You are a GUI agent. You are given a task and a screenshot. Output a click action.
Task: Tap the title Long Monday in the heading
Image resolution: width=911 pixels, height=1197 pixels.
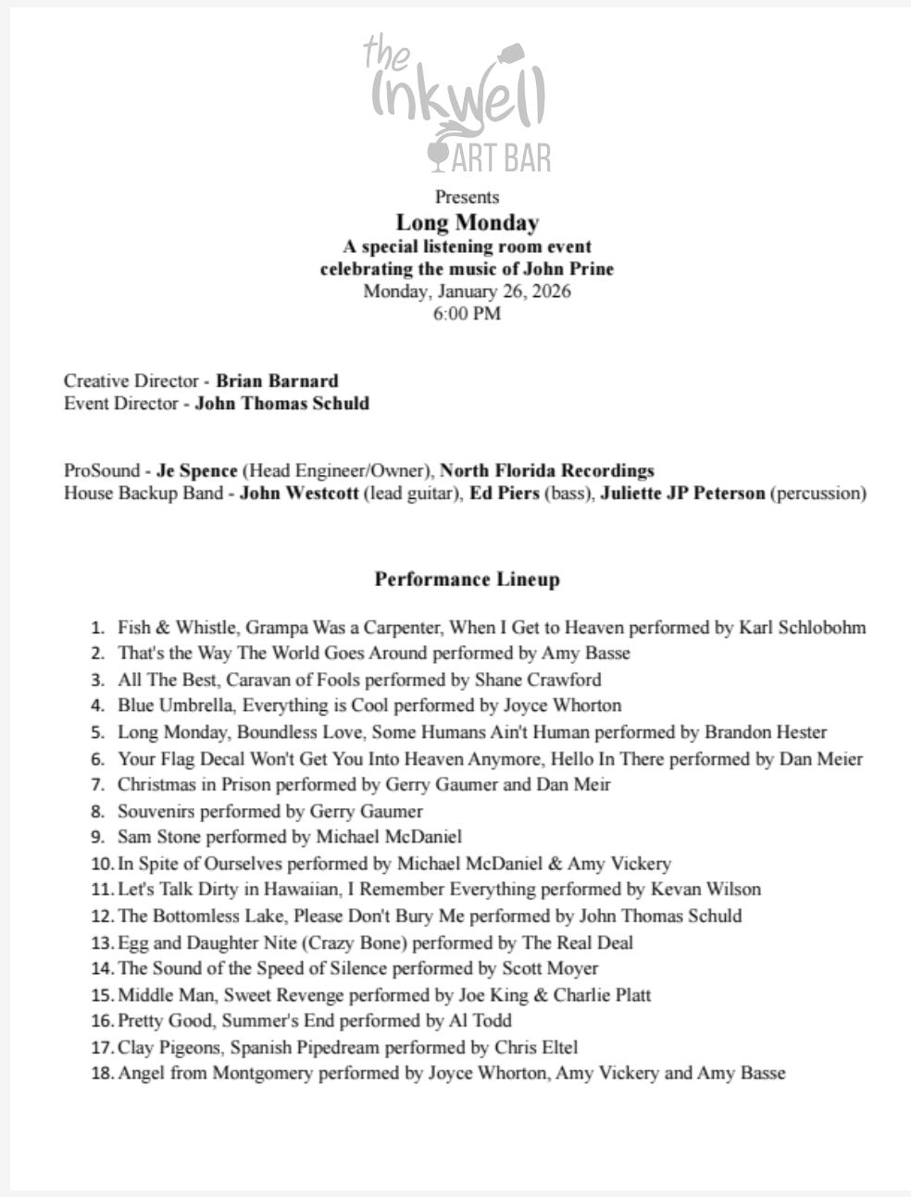coord(467,222)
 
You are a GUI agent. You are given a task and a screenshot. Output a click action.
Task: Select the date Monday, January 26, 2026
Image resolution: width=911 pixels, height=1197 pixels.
coord(467,291)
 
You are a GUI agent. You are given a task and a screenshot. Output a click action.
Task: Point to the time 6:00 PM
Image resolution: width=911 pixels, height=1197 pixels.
coord(467,313)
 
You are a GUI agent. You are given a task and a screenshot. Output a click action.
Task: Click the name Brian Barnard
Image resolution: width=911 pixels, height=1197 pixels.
coord(277,380)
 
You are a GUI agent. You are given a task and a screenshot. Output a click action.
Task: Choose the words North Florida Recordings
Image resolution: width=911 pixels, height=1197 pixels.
coord(547,470)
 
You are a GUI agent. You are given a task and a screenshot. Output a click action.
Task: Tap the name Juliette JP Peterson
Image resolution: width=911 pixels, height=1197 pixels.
coord(682,493)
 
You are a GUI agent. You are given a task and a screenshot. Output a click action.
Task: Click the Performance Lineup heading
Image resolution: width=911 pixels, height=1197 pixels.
coord(467,580)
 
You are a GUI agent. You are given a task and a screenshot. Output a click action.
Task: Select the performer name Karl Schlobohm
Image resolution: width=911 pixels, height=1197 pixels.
coord(803,628)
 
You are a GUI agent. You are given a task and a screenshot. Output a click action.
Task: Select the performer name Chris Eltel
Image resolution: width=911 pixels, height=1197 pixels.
coord(536,1048)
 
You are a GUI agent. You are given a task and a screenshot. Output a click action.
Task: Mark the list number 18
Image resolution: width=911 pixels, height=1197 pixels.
coord(102,1074)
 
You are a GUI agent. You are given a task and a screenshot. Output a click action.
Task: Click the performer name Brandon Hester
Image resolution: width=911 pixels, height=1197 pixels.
coord(766,732)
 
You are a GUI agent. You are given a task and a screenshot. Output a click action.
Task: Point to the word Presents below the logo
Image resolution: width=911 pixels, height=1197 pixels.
coord(467,196)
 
